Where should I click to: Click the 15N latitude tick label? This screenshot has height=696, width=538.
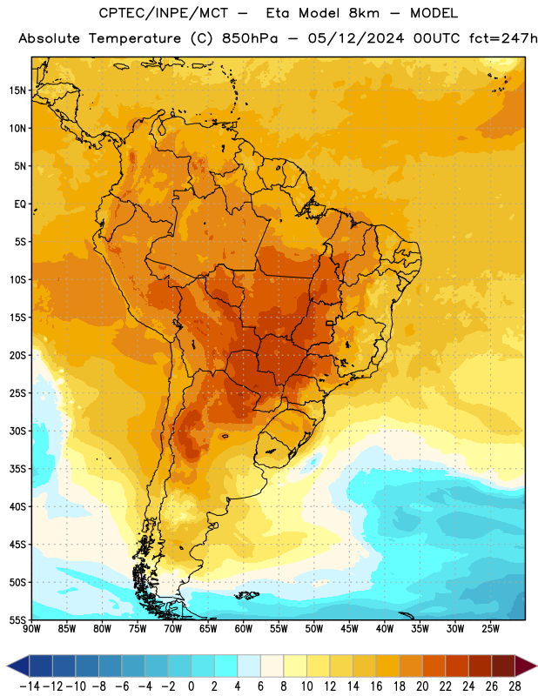click(17, 90)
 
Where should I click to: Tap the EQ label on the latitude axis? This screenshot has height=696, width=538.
click(20, 204)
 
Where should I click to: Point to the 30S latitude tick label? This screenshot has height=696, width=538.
click(17, 431)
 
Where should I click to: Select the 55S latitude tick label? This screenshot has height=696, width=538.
click(17, 620)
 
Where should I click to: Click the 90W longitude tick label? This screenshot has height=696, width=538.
click(31, 628)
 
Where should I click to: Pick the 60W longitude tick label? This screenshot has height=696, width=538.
click(244, 628)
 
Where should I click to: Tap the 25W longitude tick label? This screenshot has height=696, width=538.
click(490, 628)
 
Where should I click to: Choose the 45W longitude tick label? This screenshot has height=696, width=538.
click(349, 628)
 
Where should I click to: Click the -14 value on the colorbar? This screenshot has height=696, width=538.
click(30, 686)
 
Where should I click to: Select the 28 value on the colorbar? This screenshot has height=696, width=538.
click(514, 686)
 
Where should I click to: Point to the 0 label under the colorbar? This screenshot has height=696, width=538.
click(191, 686)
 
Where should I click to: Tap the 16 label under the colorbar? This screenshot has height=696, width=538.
click(376, 686)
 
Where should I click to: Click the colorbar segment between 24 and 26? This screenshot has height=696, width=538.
click(480, 666)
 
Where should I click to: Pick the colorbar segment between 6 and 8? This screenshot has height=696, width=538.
click(272, 666)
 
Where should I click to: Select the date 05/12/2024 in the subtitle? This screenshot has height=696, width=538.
click(356, 38)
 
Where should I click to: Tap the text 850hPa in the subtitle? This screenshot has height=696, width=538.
click(250, 38)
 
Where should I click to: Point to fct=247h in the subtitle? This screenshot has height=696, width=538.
click(503, 38)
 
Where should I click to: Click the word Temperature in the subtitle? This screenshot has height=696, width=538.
click(135, 38)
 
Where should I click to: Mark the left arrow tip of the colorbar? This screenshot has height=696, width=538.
click(7, 666)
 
